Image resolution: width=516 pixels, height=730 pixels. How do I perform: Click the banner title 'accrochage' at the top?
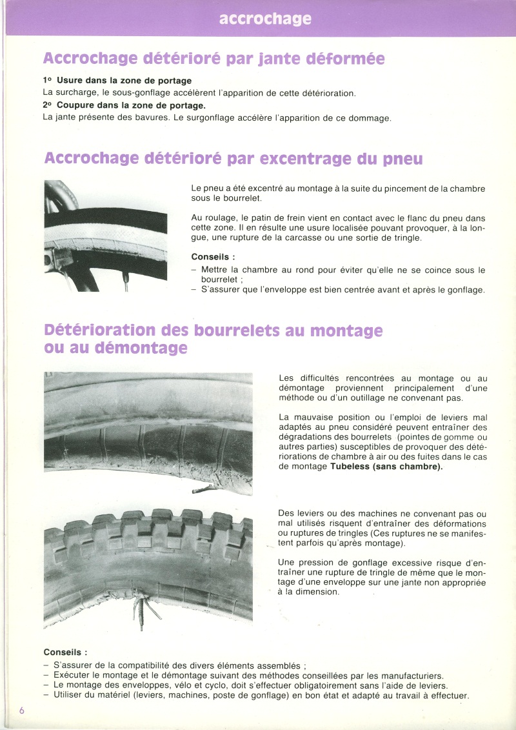coord(265,19)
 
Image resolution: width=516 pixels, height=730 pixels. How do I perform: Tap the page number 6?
coord(22,710)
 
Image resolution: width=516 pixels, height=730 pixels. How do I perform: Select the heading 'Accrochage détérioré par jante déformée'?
coord(213,59)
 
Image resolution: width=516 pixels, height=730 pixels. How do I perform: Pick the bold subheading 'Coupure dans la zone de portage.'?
coord(131,105)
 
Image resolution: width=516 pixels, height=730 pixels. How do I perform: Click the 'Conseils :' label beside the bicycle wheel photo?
coord(213,256)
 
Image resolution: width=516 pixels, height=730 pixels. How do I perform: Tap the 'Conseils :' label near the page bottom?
coord(65,652)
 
